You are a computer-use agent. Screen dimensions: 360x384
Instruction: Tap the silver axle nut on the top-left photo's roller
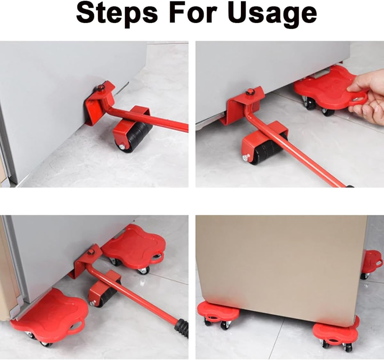point(122,147)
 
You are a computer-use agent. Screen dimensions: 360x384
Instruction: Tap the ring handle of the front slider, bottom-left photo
point(77,326)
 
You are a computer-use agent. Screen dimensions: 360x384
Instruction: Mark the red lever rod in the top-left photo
point(150,118)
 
